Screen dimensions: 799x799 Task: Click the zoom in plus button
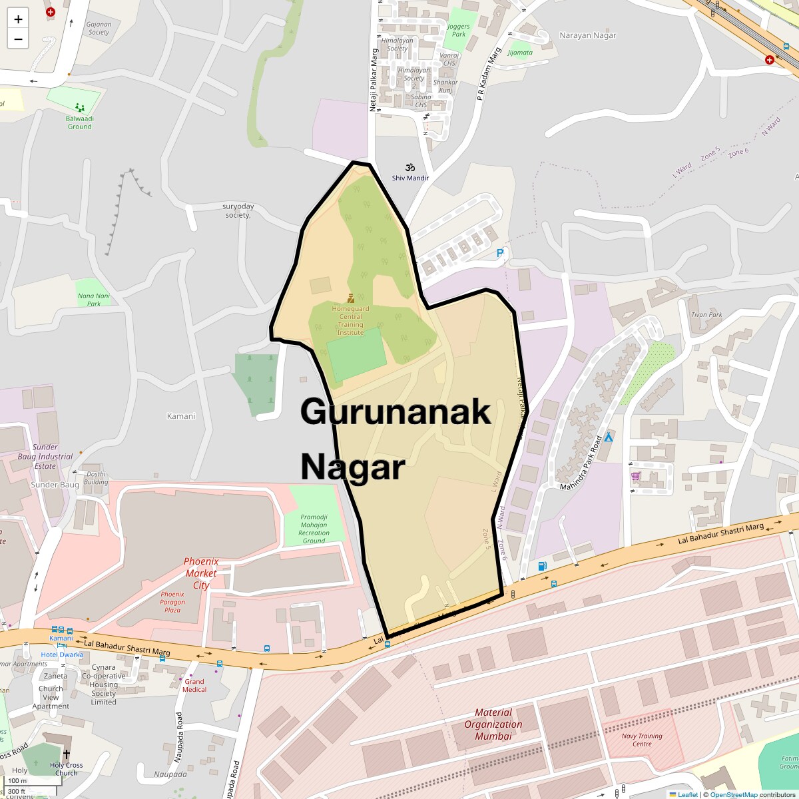[18, 19]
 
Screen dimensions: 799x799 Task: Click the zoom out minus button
[18, 39]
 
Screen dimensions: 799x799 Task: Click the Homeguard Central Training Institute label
[351, 320]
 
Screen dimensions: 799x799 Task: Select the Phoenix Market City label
[201, 573]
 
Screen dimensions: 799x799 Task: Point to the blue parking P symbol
[501, 253]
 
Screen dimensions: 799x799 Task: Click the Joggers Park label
[459, 30]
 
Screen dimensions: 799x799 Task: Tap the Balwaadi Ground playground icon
[80, 107]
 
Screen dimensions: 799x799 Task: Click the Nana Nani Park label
[94, 300]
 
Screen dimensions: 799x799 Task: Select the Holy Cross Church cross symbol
[66, 754]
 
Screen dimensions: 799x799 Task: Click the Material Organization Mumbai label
[493, 724]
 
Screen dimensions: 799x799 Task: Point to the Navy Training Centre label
[642, 740]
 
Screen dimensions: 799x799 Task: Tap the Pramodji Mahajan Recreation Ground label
[314, 529]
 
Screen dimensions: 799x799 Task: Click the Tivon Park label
[706, 315]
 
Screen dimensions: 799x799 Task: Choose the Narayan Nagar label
[588, 35]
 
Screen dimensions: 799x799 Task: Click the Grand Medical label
[194, 685]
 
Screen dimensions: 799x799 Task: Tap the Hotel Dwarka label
[62, 655]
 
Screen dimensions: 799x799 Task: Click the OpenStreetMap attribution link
[733, 794]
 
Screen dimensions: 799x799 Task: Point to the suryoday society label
[238, 210]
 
